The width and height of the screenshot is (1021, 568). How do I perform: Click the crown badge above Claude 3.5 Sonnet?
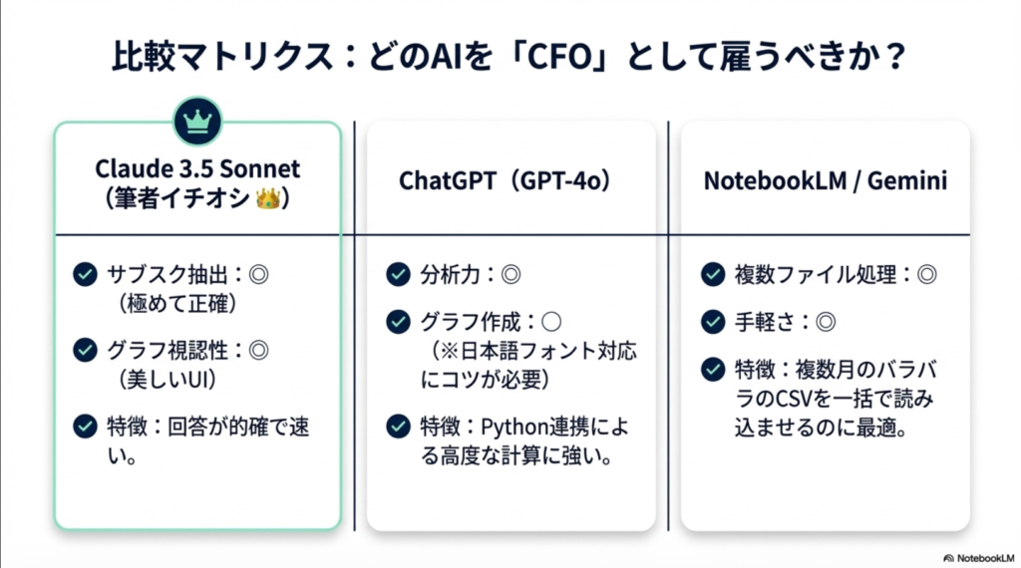tap(198, 121)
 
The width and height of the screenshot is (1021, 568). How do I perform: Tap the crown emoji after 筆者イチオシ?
tap(267, 198)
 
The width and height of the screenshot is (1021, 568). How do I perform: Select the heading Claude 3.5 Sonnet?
tap(197, 168)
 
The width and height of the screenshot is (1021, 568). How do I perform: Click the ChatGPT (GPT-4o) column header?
tap(505, 180)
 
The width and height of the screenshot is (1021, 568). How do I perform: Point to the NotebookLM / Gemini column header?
tap(825, 180)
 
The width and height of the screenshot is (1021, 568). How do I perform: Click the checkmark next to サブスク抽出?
tap(86, 275)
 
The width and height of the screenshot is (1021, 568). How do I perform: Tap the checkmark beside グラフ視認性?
tap(86, 350)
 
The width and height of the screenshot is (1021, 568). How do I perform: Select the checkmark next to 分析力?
tap(398, 275)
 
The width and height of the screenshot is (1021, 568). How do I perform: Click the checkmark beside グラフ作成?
tap(398, 322)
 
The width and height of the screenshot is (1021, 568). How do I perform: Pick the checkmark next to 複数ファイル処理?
tap(713, 275)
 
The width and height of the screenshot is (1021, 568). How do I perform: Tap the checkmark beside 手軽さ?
tap(713, 322)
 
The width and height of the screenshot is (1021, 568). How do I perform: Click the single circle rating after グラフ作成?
tap(550, 322)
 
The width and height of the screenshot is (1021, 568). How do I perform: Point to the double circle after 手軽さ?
tap(826, 322)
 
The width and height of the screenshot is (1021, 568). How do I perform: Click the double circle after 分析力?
tap(511, 275)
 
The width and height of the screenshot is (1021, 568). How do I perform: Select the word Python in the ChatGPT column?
tap(515, 427)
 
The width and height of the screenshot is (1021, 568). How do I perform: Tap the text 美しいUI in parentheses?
tap(170, 380)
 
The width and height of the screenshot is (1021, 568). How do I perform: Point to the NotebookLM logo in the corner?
tap(979, 558)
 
